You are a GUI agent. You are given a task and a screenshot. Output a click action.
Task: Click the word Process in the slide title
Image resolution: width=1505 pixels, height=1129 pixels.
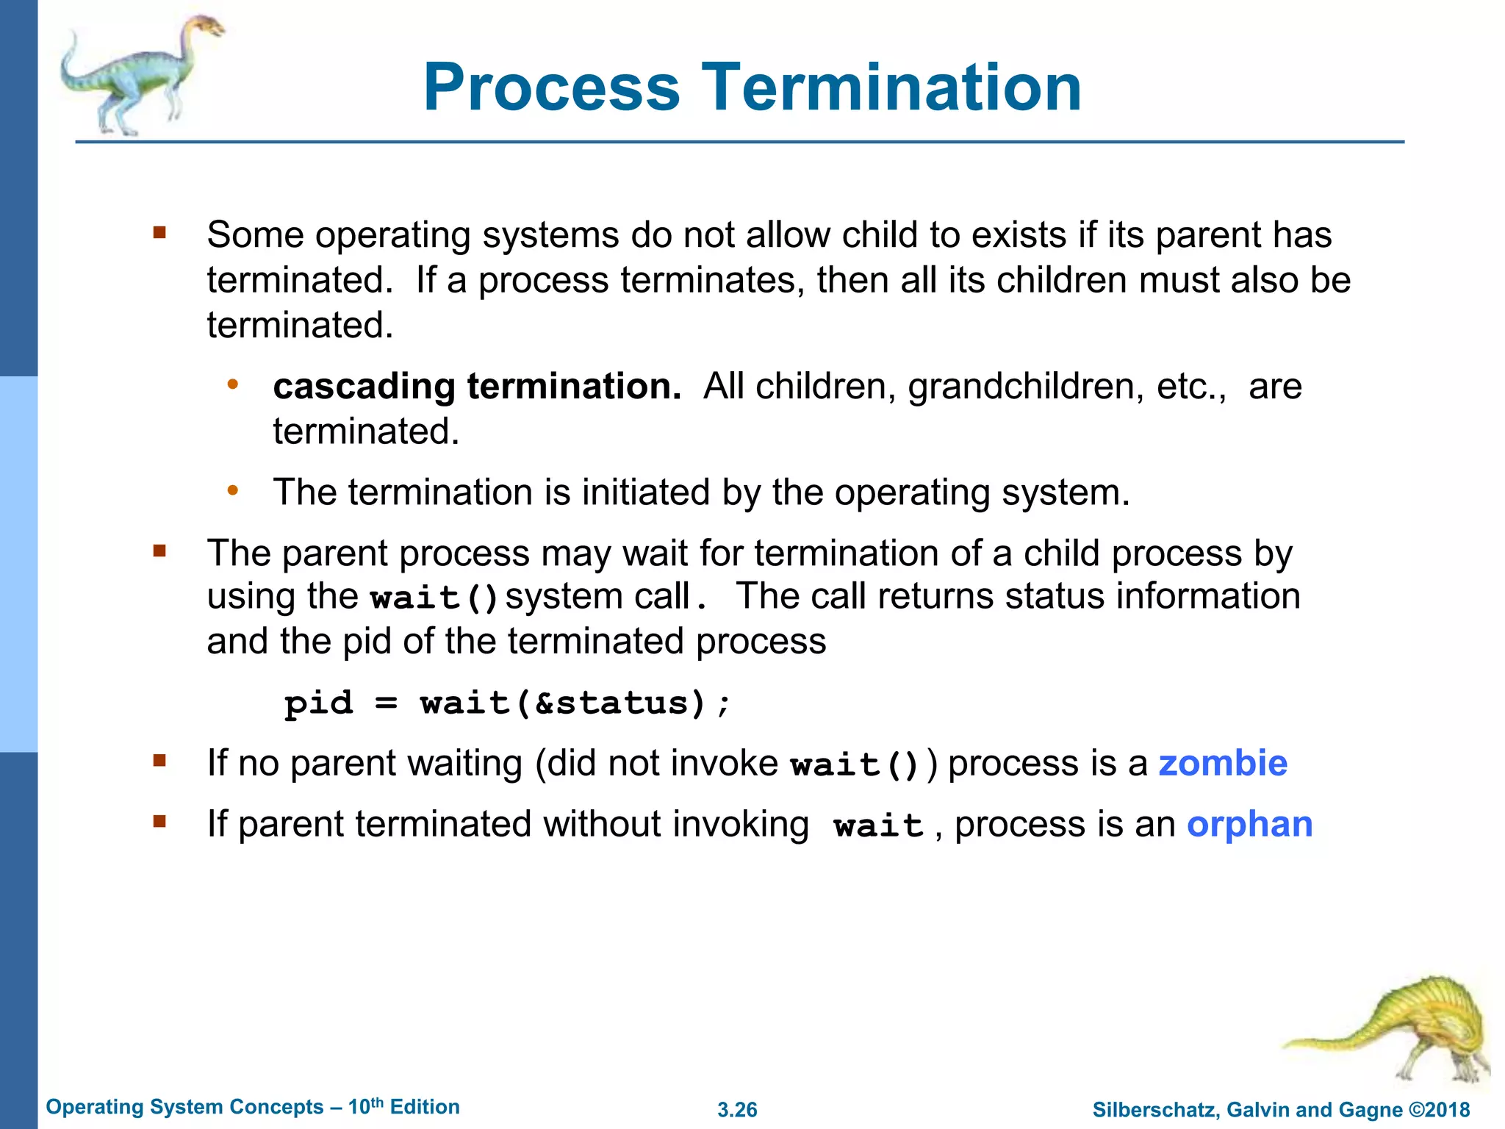click(x=552, y=88)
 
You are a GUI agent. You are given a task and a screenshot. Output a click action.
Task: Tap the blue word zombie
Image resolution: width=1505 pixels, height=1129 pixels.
click(x=1223, y=764)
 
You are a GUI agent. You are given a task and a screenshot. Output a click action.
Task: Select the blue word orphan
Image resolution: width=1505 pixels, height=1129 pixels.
click(x=1249, y=825)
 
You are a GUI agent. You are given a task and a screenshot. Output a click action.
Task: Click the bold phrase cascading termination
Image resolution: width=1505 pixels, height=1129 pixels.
click(x=477, y=387)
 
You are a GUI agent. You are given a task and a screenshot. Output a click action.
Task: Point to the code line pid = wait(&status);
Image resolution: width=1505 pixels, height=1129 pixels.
click(x=507, y=703)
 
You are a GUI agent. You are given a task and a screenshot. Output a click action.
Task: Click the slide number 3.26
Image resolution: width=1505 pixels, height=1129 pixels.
click(x=737, y=1110)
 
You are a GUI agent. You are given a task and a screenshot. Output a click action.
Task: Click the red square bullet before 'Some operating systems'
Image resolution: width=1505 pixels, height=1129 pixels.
click(x=159, y=234)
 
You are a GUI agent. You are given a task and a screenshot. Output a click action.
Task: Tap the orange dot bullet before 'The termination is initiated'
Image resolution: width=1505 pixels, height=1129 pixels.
click(x=233, y=491)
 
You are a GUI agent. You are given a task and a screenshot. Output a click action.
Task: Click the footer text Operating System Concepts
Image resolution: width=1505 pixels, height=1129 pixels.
click(x=184, y=1108)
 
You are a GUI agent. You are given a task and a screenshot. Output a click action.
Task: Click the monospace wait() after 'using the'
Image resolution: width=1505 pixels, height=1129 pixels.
click(x=434, y=598)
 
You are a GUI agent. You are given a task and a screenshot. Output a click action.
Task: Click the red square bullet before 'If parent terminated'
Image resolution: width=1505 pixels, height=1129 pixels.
click(x=159, y=822)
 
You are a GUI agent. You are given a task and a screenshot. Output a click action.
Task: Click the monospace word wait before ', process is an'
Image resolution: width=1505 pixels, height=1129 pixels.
click(x=878, y=826)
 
